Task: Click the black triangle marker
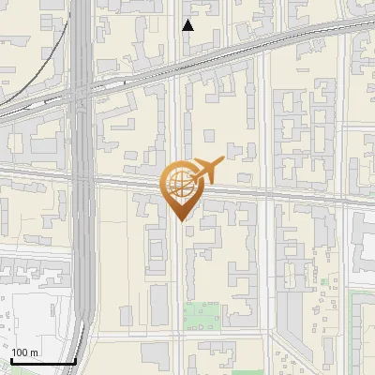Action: tap(187, 25)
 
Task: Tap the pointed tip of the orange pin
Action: tap(181, 221)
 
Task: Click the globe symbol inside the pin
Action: tap(179, 183)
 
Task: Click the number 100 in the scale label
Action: tap(20, 352)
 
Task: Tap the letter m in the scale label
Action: tap(34, 352)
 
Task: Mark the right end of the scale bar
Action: tap(75, 361)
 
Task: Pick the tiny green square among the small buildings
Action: tap(324, 280)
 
